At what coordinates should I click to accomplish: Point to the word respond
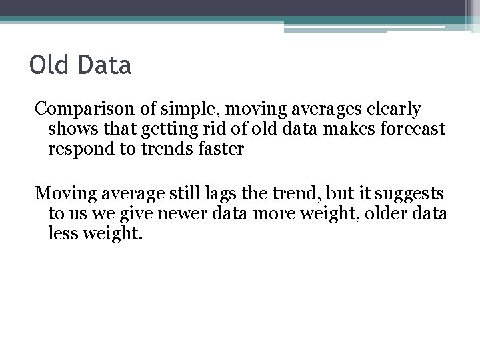(79, 149)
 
